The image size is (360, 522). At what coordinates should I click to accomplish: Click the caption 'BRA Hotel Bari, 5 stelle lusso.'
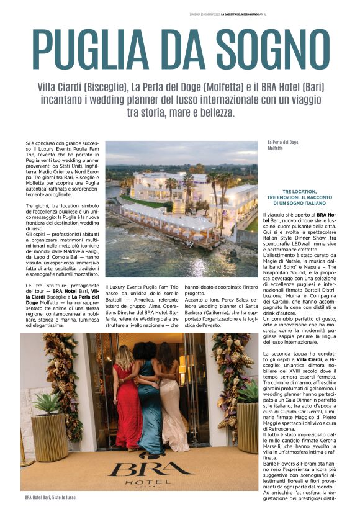51,497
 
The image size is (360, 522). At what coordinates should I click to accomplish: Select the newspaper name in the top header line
244,14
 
